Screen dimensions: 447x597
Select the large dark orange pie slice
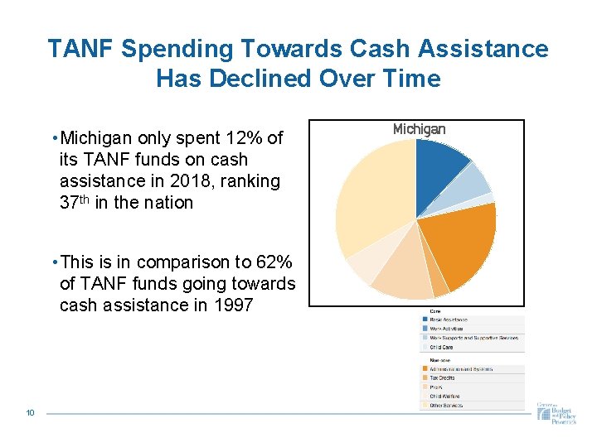460,244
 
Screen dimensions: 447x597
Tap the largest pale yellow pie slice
373,199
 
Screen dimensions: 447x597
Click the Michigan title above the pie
419,129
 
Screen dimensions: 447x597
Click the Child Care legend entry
441,348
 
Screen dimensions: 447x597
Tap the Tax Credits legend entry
443,377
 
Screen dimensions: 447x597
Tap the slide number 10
30,412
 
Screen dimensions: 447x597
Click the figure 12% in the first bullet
251,137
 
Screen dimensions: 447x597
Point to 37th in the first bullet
77,203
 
